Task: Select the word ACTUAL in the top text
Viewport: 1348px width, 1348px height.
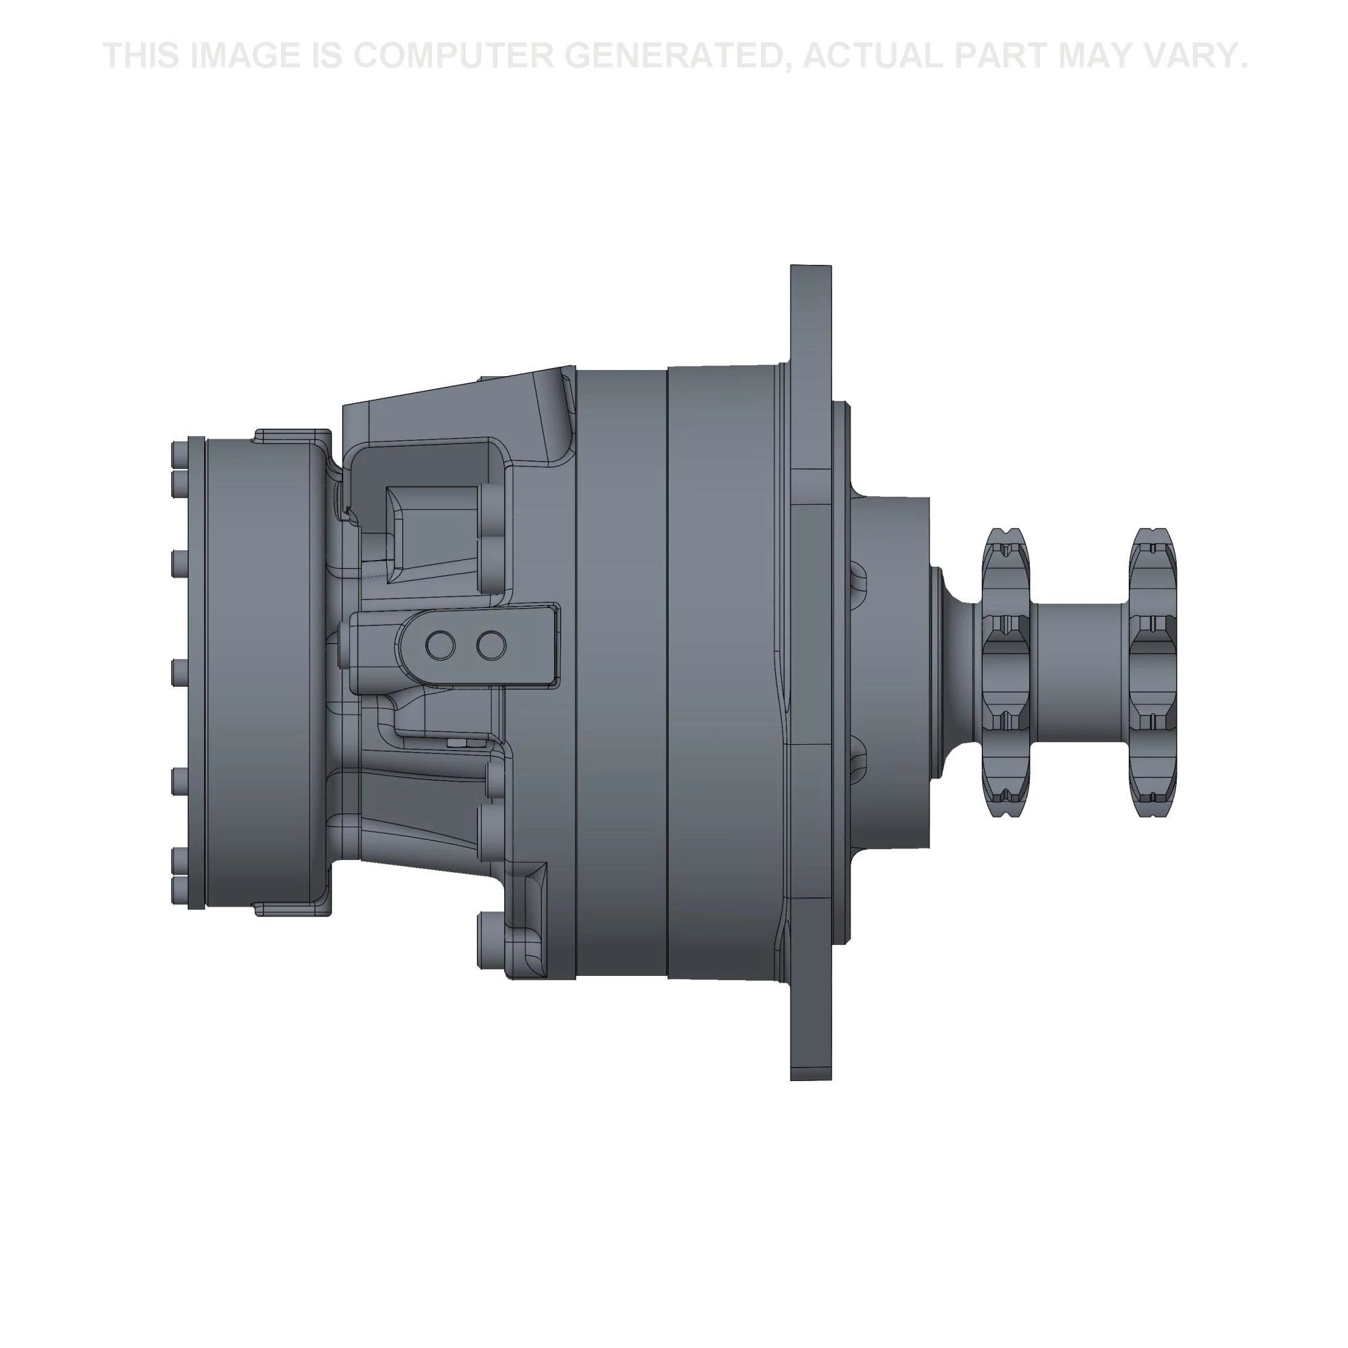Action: click(x=873, y=56)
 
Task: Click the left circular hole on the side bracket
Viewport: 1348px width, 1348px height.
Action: click(x=440, y=646)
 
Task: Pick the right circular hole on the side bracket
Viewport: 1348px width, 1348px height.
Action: click(x=491, y=646)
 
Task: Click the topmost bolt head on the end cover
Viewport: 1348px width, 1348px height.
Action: click(x=177, y=450)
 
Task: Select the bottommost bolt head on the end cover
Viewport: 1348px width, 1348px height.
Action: click(x=177, y=896)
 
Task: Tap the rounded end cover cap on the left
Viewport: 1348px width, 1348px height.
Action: click(x=265, y=673)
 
